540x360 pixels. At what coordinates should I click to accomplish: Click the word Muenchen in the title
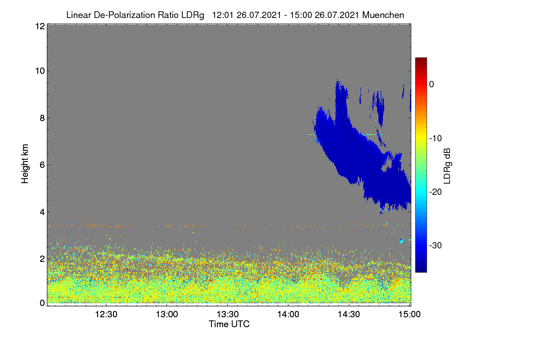(383, 15)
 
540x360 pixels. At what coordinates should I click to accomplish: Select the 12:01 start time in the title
(223, 15)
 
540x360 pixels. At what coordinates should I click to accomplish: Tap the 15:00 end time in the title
(301, 15)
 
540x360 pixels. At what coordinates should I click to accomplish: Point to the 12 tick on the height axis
(40, 26)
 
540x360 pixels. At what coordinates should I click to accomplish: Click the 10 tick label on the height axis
(40, 71)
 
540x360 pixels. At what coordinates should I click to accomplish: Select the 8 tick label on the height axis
(42, 118)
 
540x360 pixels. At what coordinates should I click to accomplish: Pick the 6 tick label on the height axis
(42, 165)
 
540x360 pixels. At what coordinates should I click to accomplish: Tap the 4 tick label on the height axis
(42, 212)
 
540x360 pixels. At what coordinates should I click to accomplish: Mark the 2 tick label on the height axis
(42, 259)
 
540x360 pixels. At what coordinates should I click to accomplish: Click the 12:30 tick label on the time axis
(106, 314)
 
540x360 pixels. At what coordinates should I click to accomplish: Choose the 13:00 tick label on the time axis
(167, 314)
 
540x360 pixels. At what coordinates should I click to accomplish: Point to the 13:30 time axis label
(228, 314)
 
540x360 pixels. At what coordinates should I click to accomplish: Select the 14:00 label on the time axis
(288, 314)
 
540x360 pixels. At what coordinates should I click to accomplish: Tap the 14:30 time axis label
(349, 314)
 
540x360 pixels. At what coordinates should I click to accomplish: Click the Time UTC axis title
(229, 324)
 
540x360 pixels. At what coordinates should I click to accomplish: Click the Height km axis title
(25, 164)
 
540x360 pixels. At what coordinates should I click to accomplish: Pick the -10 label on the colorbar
(436, 138)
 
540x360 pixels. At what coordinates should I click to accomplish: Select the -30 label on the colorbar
(436, 245)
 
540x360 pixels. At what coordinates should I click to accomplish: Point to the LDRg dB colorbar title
(447, 166)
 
